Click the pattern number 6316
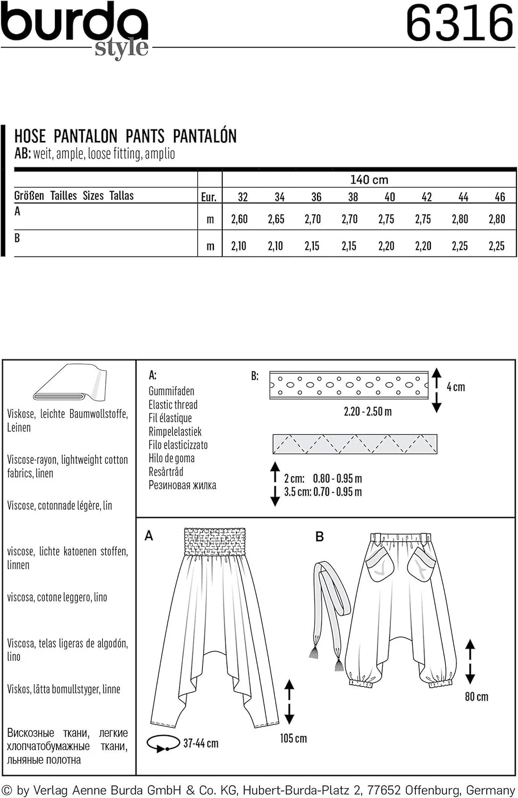460,24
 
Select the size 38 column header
353,197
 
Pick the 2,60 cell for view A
239,219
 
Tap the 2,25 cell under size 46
496,246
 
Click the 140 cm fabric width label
369,180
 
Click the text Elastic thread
173,405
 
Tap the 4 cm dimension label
456,387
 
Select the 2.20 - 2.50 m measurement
367,412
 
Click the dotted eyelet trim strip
349,384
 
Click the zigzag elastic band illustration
355,444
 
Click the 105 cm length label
293,738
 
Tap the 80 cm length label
476,697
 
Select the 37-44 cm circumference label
200,743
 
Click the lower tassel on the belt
339,665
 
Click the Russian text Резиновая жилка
182,485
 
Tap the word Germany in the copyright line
490,791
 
